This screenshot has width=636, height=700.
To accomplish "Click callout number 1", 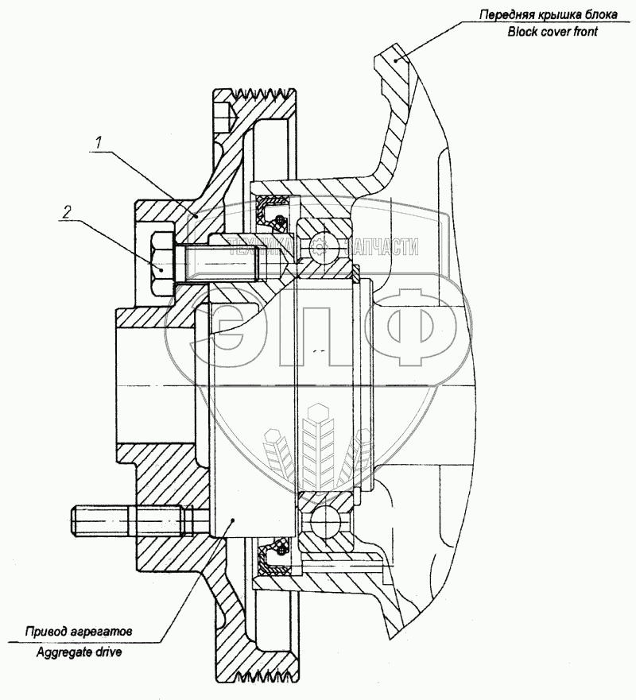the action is click(99, 143).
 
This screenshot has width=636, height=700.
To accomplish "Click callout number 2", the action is click(68, 211).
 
